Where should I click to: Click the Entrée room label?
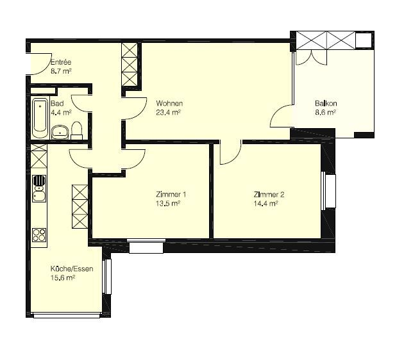click(x=61, y=62)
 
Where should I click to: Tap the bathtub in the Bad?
click(x=40, y=118)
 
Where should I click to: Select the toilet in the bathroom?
click(x=77, y=131)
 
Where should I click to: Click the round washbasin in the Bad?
click(x=60, y=132)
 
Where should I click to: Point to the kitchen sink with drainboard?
click(x=39, y=188)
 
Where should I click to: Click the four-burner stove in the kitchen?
click(x=39, y=234)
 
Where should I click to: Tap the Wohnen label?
click(x=169, y=103)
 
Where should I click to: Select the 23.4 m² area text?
click(x=168, y=113)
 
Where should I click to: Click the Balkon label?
click(x=326, y=103)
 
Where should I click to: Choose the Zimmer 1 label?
click(x=171, y=195)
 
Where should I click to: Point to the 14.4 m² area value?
click(x=266, y=204)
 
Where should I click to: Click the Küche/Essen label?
click(x=72, y=268)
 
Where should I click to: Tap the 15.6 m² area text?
click(x=63, y=278)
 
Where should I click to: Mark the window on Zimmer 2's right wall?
click(x=328, y=191)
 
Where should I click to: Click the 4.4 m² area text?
click(x=61, y=113)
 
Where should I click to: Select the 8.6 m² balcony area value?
click(x=325, y=113)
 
